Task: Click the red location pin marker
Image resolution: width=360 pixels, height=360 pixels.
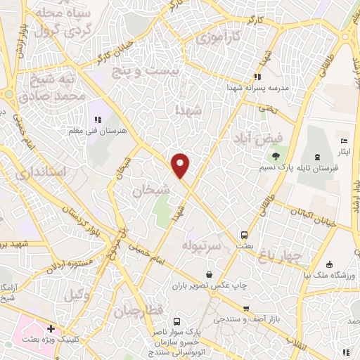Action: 181,165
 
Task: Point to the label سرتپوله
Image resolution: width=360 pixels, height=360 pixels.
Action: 202,246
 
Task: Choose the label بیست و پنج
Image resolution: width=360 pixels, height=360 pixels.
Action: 174,72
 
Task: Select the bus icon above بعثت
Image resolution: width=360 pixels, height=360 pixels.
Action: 244,236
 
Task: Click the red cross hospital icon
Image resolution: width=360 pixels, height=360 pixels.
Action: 51,328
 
